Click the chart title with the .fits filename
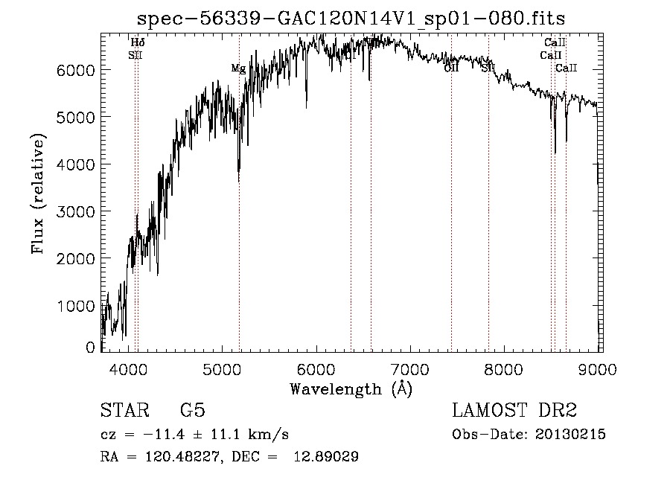pos(357,19)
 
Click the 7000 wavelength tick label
pos(411,368)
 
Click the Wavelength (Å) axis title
pos(351,388)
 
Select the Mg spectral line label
pos(238,68)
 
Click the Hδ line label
pos(138,43)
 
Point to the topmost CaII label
pos(555,43)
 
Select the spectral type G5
pos(192,412)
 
